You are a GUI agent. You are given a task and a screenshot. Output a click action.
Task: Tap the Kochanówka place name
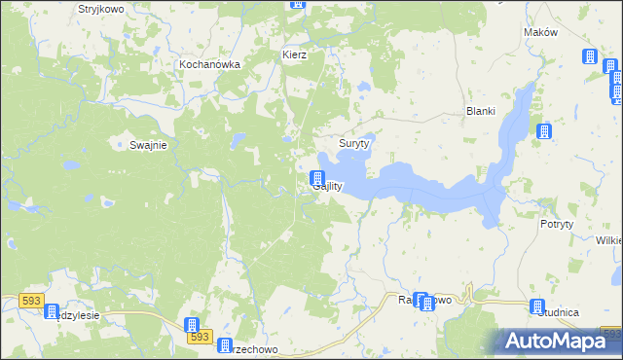click(x=209, y=65)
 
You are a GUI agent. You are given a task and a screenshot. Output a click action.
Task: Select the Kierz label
click(x=294, y=54)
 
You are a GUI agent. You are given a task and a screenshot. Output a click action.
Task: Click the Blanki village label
click(x=482, y=110)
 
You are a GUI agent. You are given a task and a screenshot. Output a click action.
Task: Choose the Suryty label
click(x=353, y=143)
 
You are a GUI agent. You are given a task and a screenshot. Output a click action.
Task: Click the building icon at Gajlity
click(x=316, y=178)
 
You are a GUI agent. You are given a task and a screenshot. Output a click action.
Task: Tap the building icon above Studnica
click(x=536, y=306)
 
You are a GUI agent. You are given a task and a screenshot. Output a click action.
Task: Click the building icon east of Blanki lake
click(x=543, y=131)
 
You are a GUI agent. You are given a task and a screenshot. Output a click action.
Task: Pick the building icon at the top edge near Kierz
click(x=297, y=4)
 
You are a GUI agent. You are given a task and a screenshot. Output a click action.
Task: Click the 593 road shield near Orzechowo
click(x=199, y=337)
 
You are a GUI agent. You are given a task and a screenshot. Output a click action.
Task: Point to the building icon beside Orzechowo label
click(x=224, y=347)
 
